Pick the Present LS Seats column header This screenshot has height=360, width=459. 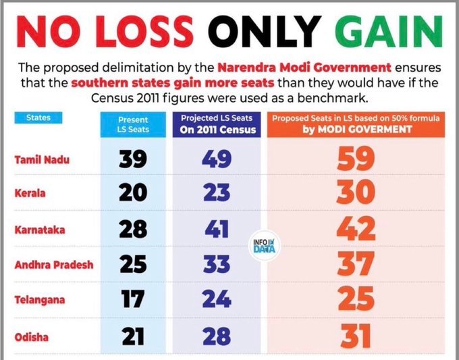pos(133,124)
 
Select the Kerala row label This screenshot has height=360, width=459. pos(30,194)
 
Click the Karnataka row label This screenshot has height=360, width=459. pos(39,229)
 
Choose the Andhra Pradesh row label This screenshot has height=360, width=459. pos(53,264)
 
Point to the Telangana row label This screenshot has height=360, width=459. pos(40,299)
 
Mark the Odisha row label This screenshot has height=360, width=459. pos(32,334)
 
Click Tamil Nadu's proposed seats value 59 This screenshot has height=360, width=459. pos(355,160)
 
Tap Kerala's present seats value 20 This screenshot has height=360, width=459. pos(133,194)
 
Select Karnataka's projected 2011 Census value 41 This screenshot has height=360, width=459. pos(217,230)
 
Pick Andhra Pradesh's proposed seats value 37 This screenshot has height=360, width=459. pos(356,265)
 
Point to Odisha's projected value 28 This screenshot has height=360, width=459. pos(217,334)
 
